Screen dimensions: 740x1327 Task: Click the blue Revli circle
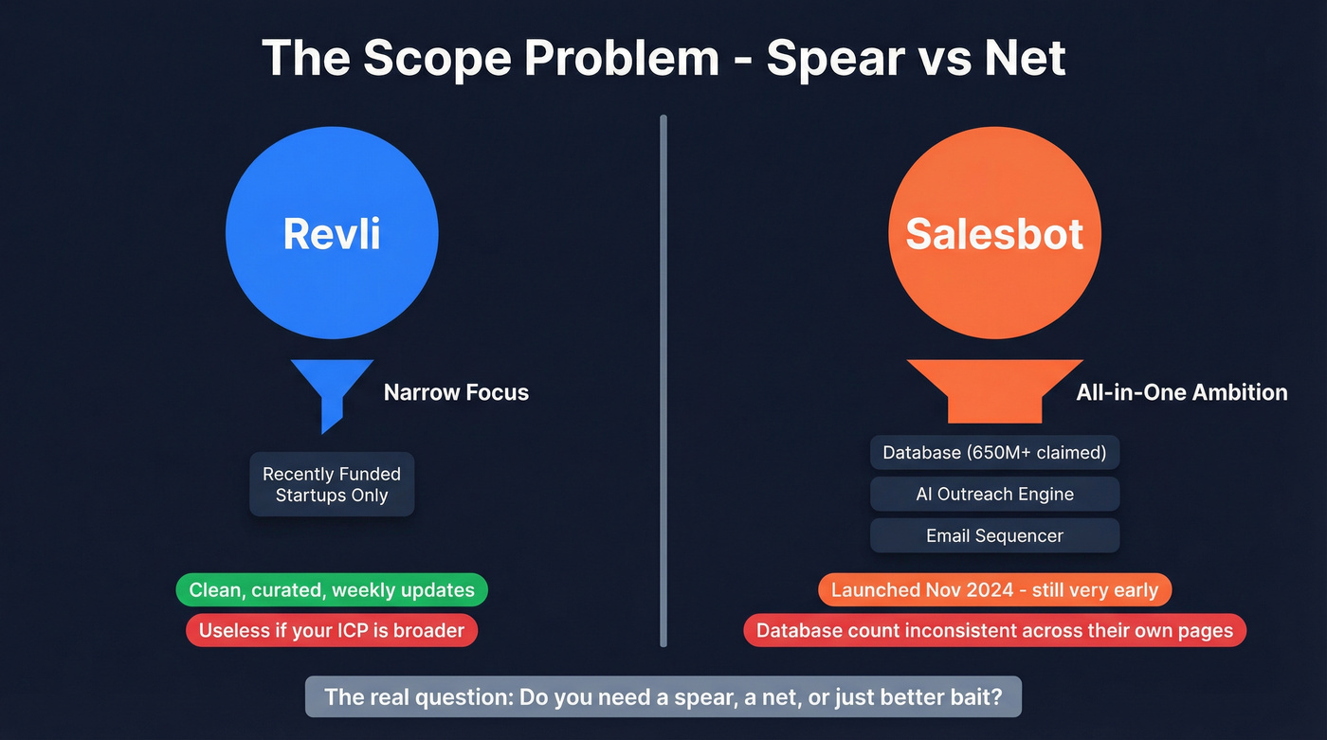(x=332, y=234)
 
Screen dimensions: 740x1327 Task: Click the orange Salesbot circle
(x=994, y=234)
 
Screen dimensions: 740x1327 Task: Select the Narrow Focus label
(x=456, y=392)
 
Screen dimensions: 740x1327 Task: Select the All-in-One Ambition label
(x=1181, y=392)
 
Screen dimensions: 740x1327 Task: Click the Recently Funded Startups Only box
(x=332, y=484)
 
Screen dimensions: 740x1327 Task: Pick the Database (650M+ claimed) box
(x=994, y=453)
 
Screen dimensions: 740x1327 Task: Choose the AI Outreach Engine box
(x=994, y=495)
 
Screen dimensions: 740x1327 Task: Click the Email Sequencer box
(x=994, y=536)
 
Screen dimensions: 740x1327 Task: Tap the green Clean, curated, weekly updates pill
(x=332, y=590)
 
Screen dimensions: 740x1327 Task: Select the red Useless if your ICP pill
(x=332, y=631)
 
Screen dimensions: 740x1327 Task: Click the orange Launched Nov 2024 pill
(x=994, y=590)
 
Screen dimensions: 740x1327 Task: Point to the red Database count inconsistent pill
(x=994, y=631)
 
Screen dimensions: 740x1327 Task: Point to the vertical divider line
(x=663, y=379)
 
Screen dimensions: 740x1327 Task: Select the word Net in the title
(x=1025, y=59)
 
